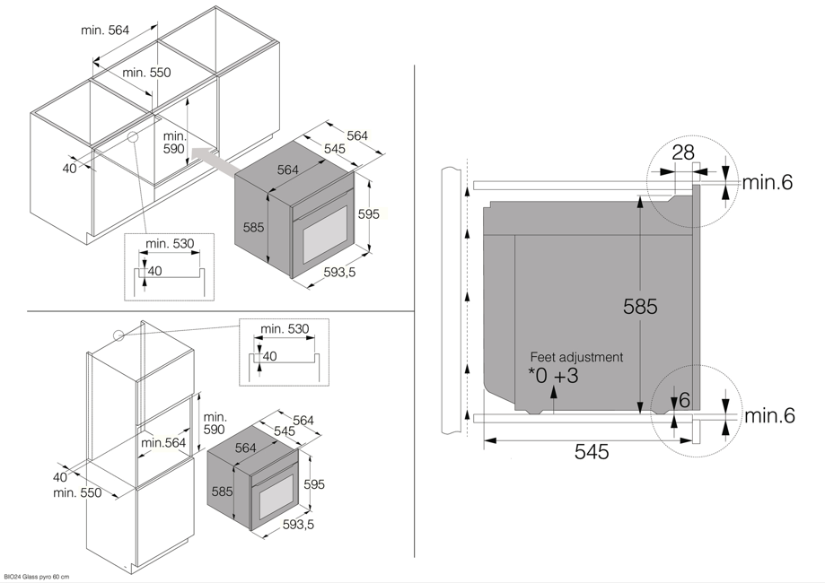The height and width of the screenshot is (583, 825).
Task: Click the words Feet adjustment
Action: tap(575, 357)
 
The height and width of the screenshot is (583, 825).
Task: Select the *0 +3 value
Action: tap(553, 376)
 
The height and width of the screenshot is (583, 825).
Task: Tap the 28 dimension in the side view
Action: tap(683, 152)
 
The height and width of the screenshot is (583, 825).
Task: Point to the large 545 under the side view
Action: tap(591, 452)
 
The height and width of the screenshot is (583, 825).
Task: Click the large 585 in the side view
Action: tap(641, 307)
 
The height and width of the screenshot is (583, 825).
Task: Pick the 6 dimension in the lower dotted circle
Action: tap(684, 400)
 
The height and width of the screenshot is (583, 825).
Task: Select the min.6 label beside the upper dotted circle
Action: tap(768, 183)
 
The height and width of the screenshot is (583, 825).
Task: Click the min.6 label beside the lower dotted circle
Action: tap(769, 415)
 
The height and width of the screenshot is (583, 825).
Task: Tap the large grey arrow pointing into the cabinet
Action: tap(215, 161)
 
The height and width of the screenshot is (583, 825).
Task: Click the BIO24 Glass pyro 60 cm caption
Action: tap(37, 577)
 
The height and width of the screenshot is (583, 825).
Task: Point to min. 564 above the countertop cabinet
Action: tap(105, 30)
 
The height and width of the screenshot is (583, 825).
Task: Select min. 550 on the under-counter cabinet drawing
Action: tap(146, 73)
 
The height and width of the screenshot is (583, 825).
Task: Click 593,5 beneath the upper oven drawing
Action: tap(339, 273)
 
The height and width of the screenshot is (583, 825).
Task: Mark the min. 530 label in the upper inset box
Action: tap(170, 244)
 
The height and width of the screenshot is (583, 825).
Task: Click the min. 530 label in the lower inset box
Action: tap(284, 329)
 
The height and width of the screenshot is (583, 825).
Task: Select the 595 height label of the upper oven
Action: tap(368, 214)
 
